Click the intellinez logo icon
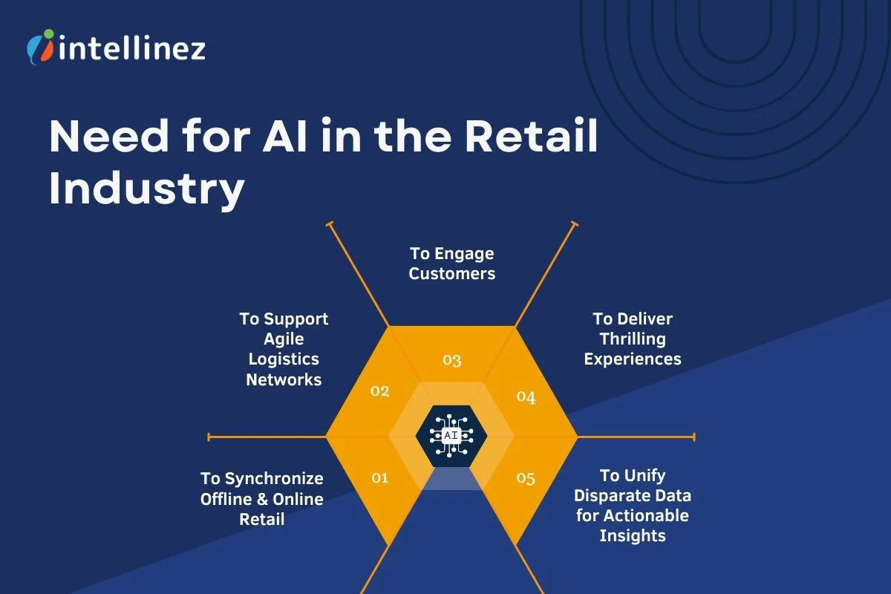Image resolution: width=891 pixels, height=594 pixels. click(40, 46)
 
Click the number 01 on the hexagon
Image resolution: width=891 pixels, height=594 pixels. click(379, 477)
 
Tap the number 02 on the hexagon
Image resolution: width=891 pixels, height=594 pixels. click(379, 391)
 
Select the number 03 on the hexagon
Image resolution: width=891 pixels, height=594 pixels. click(451, 360)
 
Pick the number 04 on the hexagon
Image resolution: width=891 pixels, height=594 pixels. click(526, 397)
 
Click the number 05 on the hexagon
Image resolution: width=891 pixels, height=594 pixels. click(525, 477)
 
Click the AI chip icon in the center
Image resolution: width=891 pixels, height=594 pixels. click(451, 435)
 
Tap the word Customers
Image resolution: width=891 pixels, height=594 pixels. click(451, 273)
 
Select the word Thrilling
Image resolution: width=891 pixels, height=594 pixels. click(633, 339)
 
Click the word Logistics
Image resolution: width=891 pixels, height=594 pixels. click(284, 359)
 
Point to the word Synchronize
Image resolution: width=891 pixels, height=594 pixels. click(274, 479)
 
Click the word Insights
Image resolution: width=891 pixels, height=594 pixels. click(633, 535)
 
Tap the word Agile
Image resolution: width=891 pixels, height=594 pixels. click(284, 339)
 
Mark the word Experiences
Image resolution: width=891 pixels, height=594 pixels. click(633, 359)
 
